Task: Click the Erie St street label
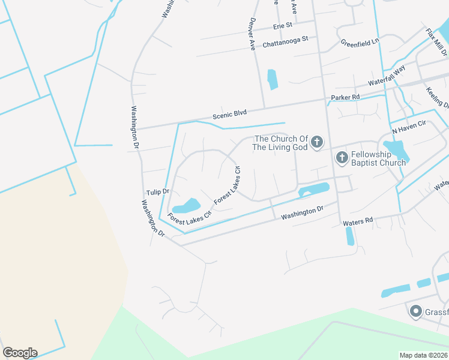282,26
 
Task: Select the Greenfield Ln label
360,43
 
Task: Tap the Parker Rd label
345,97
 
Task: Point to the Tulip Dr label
158,192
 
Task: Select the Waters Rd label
358,221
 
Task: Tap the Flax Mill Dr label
436,42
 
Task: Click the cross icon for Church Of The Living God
318,142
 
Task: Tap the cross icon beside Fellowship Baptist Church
342,158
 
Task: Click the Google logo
20,353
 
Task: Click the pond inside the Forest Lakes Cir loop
186,206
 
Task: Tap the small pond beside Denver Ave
272,79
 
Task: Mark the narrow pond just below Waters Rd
350,236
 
